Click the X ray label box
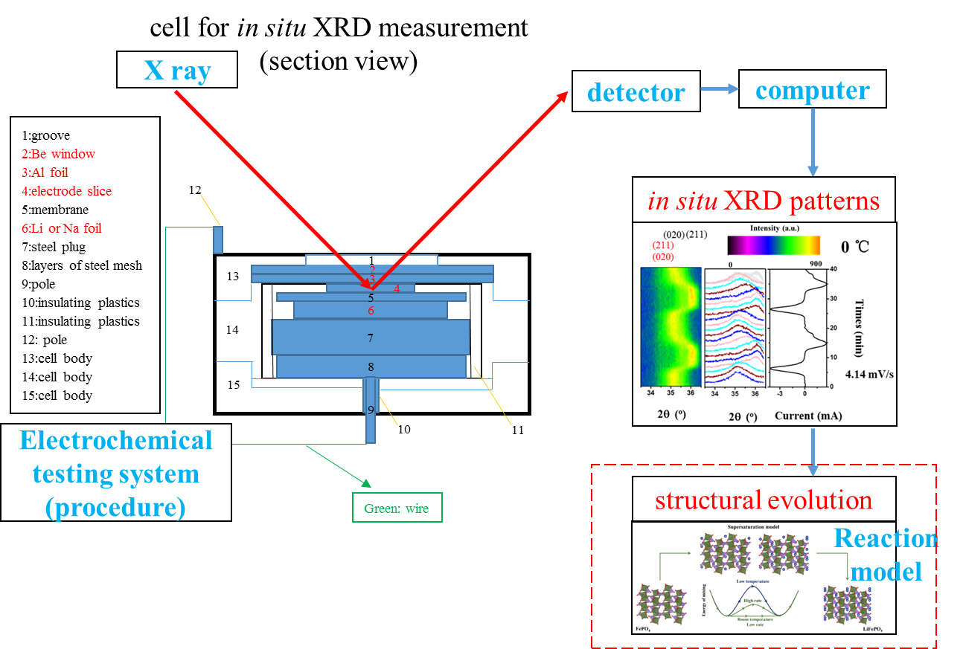(x=177, y=71)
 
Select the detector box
(x=636, y=91)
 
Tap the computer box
(x=812, y=89)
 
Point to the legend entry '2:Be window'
(x=59, y=154)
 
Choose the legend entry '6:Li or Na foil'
(x=62, y=228)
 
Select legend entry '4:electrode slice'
(x=67, y=191)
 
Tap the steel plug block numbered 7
(x=371, y=338)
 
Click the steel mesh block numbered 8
(x=371, y=367)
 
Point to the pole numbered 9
(x=371, y=410)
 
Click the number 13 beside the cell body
(x=233, y=277)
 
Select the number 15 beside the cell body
(x=233, y=384)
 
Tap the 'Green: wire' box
(x=397, y=508)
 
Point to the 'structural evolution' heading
(x=764, y=500)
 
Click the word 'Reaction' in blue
(x=886, y=538)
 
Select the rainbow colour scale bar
(x=774, y=245)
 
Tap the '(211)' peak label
(x=662, y=245)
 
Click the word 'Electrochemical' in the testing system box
(x=116, y=441)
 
